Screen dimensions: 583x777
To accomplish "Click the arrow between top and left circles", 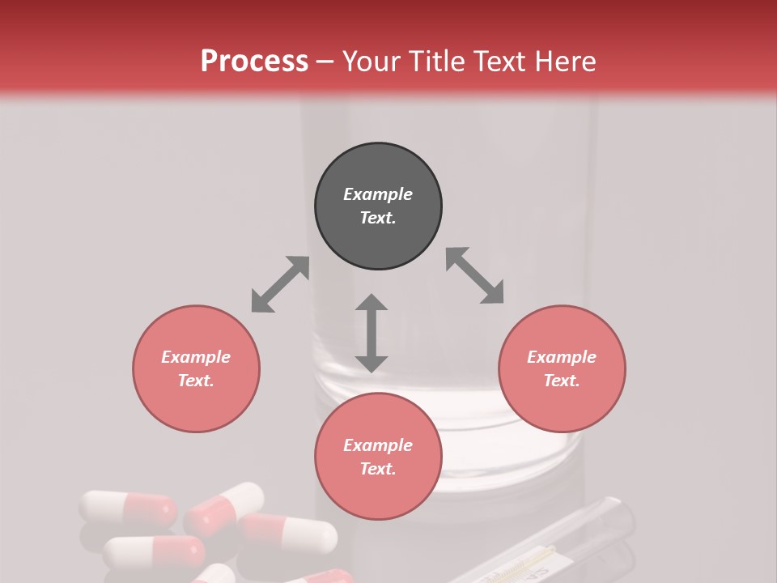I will click(280, 284).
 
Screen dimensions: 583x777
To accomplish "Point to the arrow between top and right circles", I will click(475, 275).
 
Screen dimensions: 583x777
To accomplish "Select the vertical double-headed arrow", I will click(372, 333).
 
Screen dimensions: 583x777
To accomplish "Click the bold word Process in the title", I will click(254, 61).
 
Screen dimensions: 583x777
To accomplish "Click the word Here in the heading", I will click(567, 61).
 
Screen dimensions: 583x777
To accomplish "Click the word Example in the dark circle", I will click(378, 194).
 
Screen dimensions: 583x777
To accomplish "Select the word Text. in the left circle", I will click(196, 381).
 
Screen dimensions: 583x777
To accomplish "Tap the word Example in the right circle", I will click(562, 357).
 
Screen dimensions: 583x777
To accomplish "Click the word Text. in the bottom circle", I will click(378, 469).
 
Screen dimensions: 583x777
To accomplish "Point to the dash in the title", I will click(325, 62).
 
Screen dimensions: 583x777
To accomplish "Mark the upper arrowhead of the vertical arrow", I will click(372, 304).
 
